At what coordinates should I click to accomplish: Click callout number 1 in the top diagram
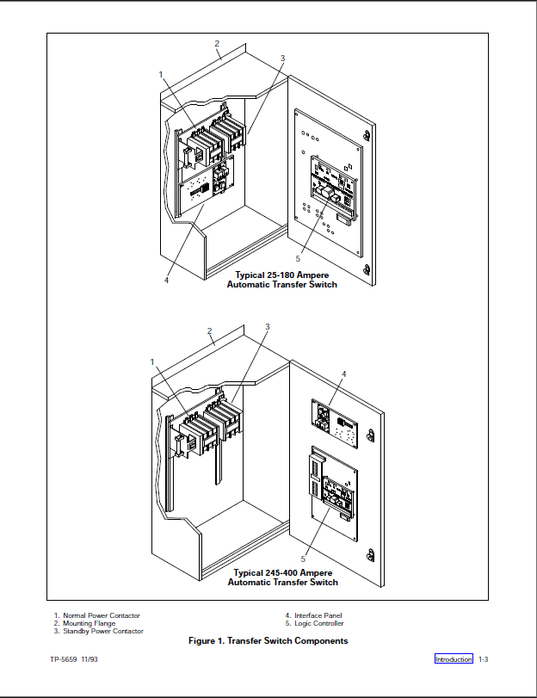[161, 74]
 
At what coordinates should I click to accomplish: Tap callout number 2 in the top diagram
[217, 43]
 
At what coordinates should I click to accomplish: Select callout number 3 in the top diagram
[282, 58]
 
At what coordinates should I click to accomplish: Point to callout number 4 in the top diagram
[166, 280]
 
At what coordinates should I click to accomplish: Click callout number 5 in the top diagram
[298, 258]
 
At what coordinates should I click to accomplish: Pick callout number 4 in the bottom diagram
[343, 374]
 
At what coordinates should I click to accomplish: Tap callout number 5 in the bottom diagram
[303, 559]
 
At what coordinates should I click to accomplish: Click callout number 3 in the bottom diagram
[268, 327]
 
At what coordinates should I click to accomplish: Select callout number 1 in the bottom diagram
[151, 362]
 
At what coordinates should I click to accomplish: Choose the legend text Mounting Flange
[89, 623]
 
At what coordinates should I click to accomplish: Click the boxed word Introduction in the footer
[454, 659]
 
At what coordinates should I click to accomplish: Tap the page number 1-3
[484, 659]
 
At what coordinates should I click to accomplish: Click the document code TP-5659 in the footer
[64, 659]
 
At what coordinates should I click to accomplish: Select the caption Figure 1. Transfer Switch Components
[268, 641]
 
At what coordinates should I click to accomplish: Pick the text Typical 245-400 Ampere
[282, 572]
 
